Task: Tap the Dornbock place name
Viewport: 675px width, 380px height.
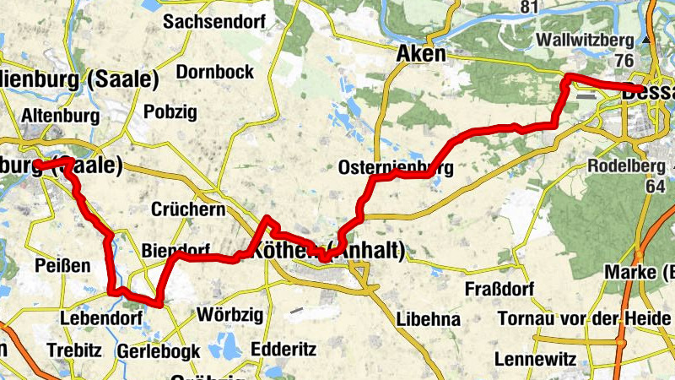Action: point(209,73)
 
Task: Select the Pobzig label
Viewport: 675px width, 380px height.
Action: point(170,111)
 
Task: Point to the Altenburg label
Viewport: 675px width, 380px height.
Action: point(62,116)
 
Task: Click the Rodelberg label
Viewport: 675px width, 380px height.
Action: point(626,166)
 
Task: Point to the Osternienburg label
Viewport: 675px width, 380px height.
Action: point(396,167)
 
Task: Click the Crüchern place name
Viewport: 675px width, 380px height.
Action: point(188,209)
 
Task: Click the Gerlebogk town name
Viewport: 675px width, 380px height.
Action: point(159,350)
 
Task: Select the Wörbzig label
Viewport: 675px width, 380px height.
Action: point(229,316)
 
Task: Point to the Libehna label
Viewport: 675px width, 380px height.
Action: point(429,319)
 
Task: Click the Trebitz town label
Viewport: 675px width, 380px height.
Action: point(74,350)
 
